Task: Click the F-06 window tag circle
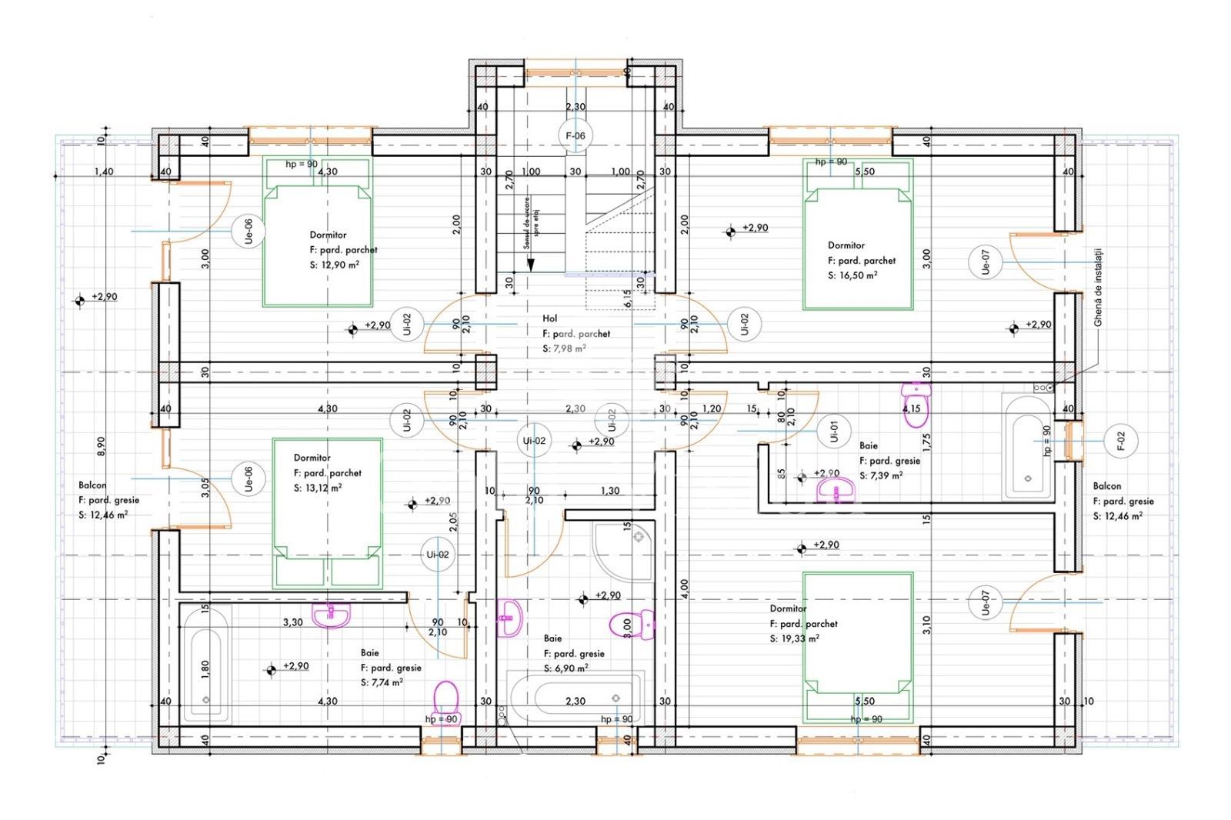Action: point(575,136)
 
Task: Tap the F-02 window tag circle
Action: point(1121,441)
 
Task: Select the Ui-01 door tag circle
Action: point(834,432)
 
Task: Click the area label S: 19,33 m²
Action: point(794,639)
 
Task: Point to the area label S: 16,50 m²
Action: point(852,275)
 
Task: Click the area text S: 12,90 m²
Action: point(334,265)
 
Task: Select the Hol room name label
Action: point(549,318)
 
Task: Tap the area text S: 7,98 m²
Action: point(564,348)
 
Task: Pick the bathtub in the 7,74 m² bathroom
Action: point(205,664)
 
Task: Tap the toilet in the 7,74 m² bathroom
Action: point(446,698)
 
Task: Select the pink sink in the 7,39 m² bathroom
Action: point(836,488)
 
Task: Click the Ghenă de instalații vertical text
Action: point(1098,286)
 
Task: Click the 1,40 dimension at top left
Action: point(104,172)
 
